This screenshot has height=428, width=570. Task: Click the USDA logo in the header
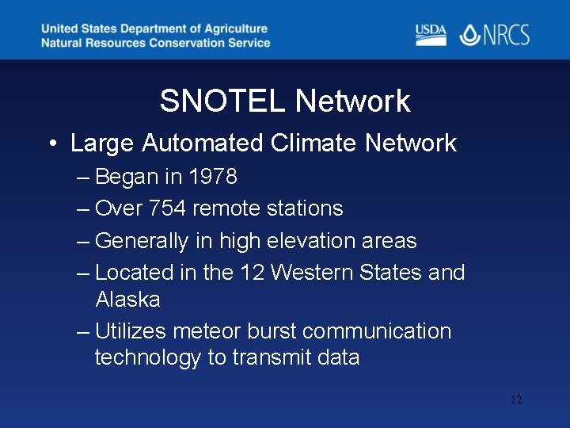pyautogui.click(x=431, y=34)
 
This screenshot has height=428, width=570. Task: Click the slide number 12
pyautogui.click(x=515, y=400)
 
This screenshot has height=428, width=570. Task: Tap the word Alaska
pyautogui.click(x=127, y=300)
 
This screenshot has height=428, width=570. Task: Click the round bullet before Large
pyautogui.click(x=51, y=144)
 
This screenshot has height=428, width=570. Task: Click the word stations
pyautogui.click(x=308, y=208)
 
